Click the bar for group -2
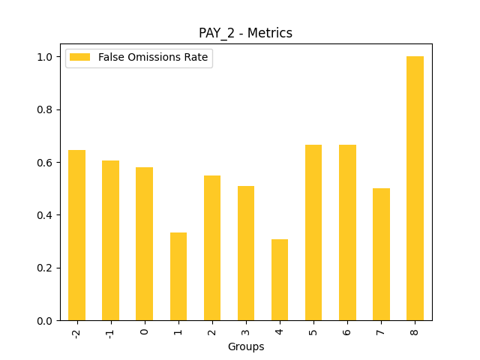[x=76, y=235]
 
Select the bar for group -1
[x=110, y=241]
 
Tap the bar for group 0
[x=144, y=244]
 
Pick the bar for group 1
[x=178, y=277]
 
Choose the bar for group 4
[x=280, y=280]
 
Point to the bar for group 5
[x=313, y=232]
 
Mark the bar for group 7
[x=381, y=254]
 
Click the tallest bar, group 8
[x=415, y=188]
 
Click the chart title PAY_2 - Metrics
[x=245, y=33]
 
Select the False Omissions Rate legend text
[x=152, y=58]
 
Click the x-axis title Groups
[x=246, y=346]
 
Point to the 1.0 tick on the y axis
[x=45, y=57]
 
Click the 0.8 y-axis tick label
[x=45, y=109]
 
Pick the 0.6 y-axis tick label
[x=45, y=163]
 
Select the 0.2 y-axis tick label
[x=45, y=268]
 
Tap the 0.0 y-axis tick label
[x=45, y=321]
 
